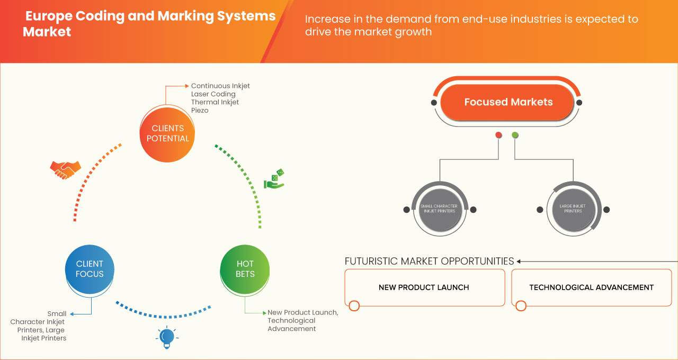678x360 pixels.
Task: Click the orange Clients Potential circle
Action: click(x=166, y=133)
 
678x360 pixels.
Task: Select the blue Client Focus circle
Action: click(x=90, y=269)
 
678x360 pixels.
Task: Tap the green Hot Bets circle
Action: click(x=245, y=269)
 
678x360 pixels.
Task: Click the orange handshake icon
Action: click(x=65, y=169)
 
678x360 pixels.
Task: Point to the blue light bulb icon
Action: click(x=167, y=337)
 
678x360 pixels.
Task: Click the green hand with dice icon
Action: click(x=274, y=179)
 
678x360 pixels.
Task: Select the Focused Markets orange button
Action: click(x=507, y=102)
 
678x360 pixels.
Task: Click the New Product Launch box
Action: click(x=424, y=287)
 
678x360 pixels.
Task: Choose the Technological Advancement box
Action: click(x=591, y=287)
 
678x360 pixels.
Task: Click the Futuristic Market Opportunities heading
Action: click(x=429, y=261)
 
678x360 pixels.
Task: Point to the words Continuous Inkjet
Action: click(x=220, y=86)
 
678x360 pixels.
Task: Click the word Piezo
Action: click(x=200, y=111)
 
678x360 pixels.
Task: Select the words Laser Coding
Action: click(x=213, y=94)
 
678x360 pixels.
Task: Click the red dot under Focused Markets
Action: click(x=498, y=135)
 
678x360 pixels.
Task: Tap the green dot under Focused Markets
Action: click(x=515, y=135)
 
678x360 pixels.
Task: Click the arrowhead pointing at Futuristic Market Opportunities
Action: click(x=519, y=261)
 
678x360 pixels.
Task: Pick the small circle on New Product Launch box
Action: click(x=354, y=305)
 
